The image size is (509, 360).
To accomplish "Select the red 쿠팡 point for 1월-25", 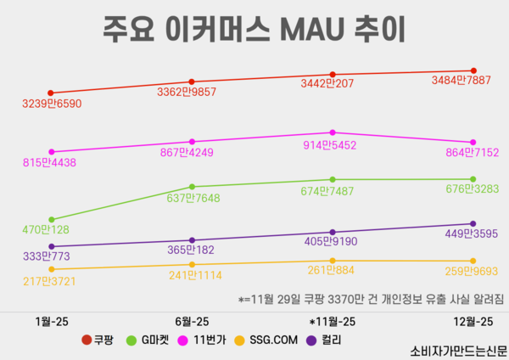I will [51, 93].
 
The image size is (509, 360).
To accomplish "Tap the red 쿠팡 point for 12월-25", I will [473, 70].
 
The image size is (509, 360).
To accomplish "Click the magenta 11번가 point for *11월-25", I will [333, 132].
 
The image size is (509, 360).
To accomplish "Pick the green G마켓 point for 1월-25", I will [51, 219].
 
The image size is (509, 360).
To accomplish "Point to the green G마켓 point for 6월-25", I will [192, 187].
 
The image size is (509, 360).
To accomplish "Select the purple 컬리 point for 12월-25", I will [473, 224].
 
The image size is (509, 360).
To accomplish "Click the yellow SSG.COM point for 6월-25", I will [192, 265].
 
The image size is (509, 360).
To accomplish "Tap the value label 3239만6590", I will [52, 104].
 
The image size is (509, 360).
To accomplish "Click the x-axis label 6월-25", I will [192, 322].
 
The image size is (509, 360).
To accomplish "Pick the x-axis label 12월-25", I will [473, 322].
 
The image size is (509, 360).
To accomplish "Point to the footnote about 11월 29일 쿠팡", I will [370, 299].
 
